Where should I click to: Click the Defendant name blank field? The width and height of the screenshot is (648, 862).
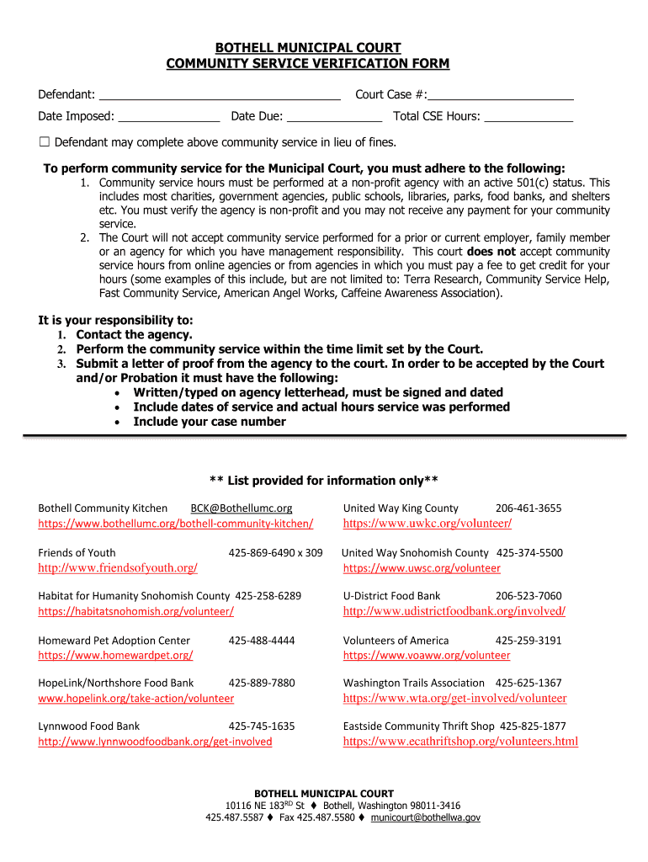[219, 95]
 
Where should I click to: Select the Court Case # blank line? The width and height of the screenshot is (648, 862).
[502, 95]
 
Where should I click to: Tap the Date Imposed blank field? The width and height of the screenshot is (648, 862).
[168, 117]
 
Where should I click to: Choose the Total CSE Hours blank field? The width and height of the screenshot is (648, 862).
[528, 117]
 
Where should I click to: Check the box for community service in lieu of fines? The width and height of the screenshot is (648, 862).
[45, 141]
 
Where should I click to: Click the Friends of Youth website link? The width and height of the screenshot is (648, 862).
[118, 568]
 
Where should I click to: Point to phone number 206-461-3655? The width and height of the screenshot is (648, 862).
[528, 508]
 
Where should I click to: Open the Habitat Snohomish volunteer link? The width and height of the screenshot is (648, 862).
[135, 611]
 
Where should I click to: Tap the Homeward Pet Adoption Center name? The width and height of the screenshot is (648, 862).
[114, 641]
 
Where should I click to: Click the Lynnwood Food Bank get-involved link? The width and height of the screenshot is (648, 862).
[155, 742]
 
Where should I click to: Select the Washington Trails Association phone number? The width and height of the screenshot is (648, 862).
[528, 683]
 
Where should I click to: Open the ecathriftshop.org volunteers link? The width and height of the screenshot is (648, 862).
[460, 742]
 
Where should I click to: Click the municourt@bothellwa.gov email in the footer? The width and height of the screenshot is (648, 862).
[426, 817]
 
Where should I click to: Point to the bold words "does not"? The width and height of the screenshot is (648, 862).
[491, 252]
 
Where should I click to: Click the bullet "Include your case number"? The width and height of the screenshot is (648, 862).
[210, 422]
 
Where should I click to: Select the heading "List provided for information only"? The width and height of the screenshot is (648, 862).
[324, 481]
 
